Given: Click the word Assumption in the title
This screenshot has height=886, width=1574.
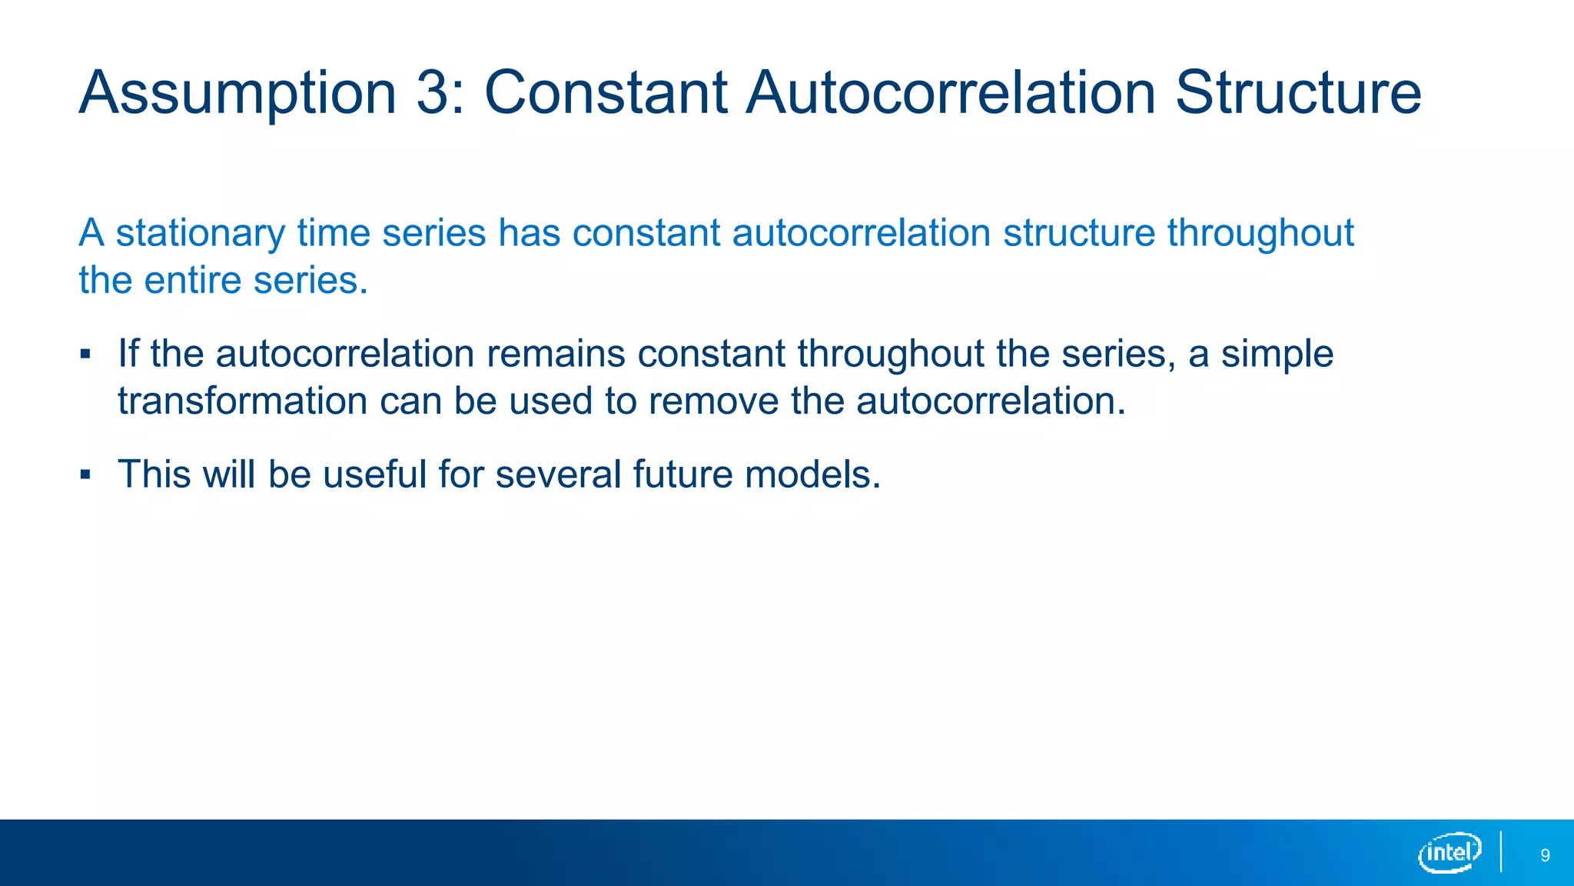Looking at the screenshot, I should (237, 94).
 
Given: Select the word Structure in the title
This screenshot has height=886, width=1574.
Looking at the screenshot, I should (1298, 94).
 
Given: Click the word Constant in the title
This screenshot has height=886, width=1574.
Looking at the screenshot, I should (606, 94).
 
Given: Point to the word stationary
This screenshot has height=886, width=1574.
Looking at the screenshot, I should (200, 233).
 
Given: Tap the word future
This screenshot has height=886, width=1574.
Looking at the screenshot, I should (683, 475).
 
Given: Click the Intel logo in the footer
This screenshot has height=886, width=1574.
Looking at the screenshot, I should (1449, 852).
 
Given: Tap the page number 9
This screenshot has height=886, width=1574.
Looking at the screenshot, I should (1545, 855).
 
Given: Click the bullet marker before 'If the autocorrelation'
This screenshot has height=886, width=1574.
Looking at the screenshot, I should (85, 355).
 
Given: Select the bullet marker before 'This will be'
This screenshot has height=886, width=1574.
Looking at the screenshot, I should (85, 475).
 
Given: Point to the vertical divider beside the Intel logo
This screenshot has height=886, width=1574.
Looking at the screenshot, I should (1501, 851).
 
